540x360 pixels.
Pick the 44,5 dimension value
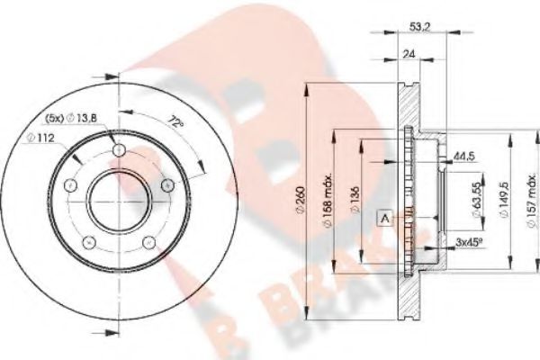(x=465, y=157)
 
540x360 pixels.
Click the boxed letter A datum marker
(x=384, y=218)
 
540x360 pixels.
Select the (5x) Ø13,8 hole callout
(x=73, y=118)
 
